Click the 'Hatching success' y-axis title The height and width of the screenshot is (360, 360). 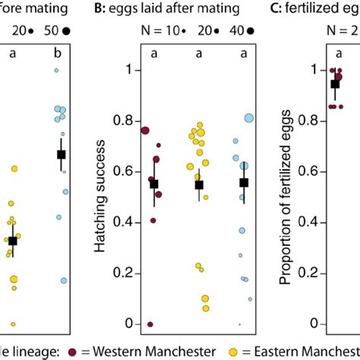click(x=99, y=197)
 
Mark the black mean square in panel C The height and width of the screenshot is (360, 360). click(x=334, y=84)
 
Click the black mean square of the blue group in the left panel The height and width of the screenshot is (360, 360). click(x=62, y=154)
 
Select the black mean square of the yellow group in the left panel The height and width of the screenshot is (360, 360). click(x=12, y=241)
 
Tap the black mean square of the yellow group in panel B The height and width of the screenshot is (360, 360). click(x=200, y=185)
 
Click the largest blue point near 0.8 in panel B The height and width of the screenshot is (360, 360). click(x=249, y=118)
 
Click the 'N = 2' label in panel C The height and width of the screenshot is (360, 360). click(x=338, y=31)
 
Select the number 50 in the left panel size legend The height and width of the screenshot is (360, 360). click(x=52, y=31)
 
